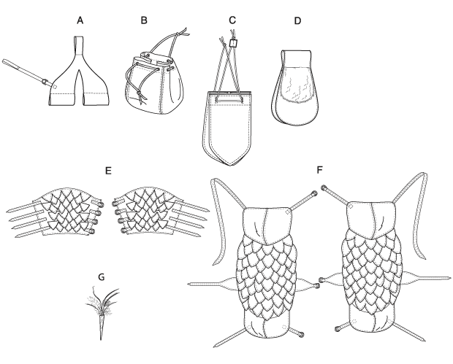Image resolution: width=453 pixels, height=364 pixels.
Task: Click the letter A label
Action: (80, 20)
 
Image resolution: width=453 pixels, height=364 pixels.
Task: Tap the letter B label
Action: (144, 20)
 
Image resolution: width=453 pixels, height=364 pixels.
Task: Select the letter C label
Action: (232, 20)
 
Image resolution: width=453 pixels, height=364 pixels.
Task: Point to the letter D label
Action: (297, 21)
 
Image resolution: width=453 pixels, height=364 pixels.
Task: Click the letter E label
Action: (108, 171)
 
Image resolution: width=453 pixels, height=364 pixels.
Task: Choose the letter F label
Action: (319, 170)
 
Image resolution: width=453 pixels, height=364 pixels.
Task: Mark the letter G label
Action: (101, 277)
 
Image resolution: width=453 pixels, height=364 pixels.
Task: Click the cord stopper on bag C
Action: (233, 44)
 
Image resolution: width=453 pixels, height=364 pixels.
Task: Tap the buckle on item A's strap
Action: (45, 82)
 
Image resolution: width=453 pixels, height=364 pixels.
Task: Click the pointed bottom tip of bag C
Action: (230, 166)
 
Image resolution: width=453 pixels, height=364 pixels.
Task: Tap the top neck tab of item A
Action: (80, 45)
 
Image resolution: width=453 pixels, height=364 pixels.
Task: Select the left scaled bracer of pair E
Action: (54, 212)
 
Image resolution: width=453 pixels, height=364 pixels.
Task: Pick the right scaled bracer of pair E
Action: (161, 212)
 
